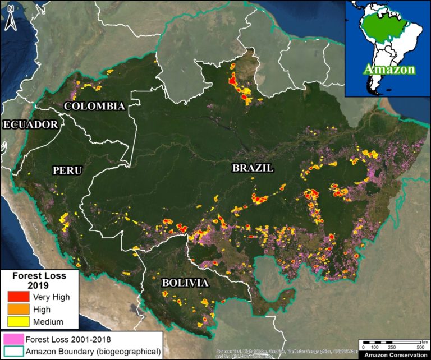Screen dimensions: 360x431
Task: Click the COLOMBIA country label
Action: pos(94,106)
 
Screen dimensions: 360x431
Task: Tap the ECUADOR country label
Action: pos(30,124)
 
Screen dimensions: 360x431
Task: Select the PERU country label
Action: pos(67,170)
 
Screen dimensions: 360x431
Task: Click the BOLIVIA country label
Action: pos(185,283)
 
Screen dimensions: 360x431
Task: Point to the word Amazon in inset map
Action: pos(389,70)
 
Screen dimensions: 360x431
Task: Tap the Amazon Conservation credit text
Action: pos(392,356)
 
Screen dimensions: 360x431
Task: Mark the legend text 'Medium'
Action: pos(48,321)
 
